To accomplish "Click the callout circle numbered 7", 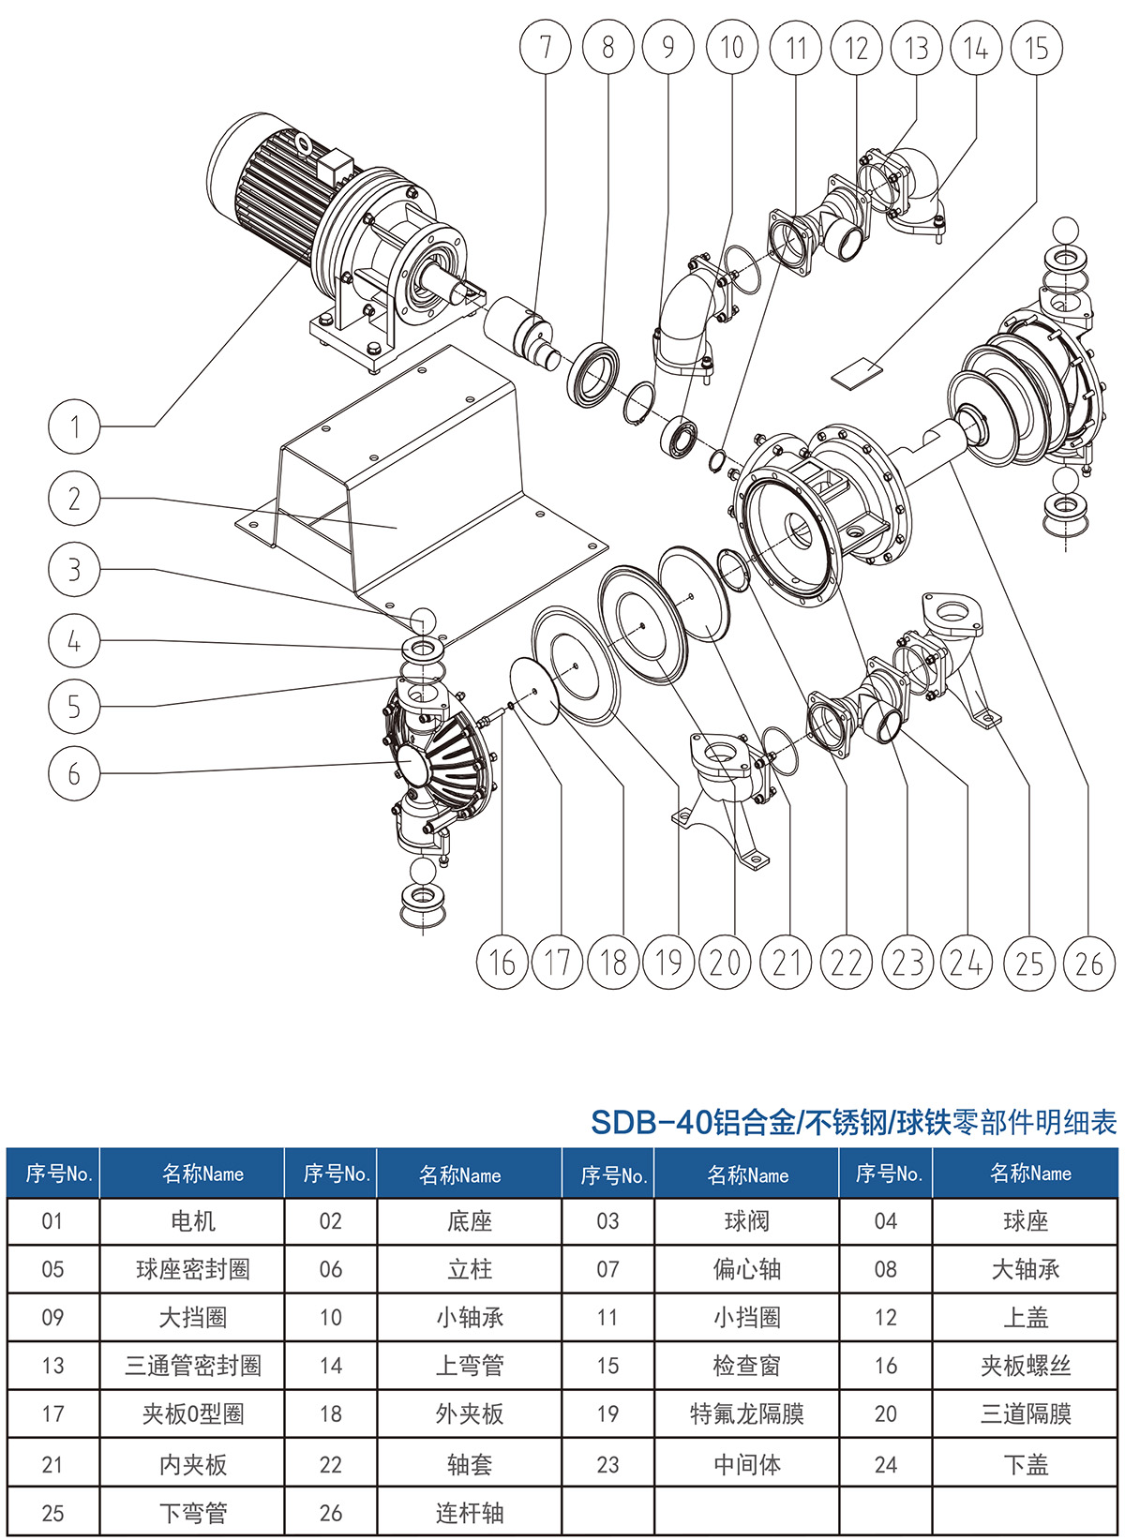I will pyautogui.click(x=546, y=47).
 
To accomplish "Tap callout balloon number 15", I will pyautogui.click(x=1036, y=47).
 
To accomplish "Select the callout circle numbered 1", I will pyautogui.click(x=74, y=426).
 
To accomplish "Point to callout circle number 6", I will pyautogui.click(x=74, y=773).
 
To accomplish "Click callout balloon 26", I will pyautogui.click(x=1089, y=963).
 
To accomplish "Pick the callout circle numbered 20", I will pyautogui.click(x=725, y=963).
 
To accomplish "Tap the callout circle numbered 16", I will pyautogui.click(x=502, y=963).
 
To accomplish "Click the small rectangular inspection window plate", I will pyautogui.click(x=857, y=374).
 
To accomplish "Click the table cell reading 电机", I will pyautogui.click(x=193, y=1221).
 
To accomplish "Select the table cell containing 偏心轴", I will pyautogui.click(x=747, y=1269).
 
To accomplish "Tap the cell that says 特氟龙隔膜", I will pyautogui.click(x=747, y=1413).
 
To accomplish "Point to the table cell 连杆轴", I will pyautogui.click(x=470, y=1512).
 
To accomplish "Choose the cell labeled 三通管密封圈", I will pyautogui.click(x=193, y=1366).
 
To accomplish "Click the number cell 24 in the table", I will pyautogui.click(x=886, y=1464).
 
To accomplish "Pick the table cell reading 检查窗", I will pyautogui.click(x=747, y=1366).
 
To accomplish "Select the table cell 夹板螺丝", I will pyautogui.click(x=1026, y=1366).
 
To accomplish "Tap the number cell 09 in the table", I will pyautogui.click(x=52, y=1317).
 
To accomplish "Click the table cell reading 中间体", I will pyautogui.click(x=747, y=1464).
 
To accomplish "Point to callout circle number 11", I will pyautogui.click(x=796, y=47).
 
